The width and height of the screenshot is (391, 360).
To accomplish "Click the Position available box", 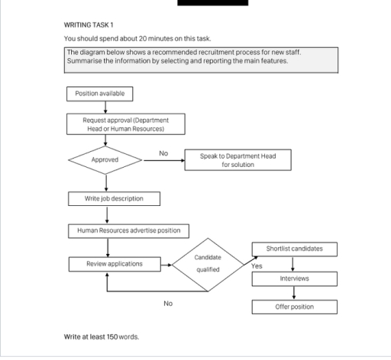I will pos(100,94).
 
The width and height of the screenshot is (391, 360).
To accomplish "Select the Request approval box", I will pos(126,124).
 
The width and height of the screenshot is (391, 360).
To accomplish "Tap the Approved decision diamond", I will pos(105,160).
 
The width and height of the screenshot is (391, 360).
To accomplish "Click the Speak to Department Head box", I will pos(238,160).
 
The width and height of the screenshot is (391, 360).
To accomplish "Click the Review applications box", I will pos(115,264).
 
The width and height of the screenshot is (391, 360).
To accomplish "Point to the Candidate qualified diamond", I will pos(208,264).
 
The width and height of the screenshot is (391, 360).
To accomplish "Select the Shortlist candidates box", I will pos(294,249).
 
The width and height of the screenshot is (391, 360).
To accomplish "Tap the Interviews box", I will pos(294,278).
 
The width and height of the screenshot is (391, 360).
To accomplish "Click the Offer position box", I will pos(294,307).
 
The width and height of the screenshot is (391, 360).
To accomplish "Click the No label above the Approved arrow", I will pos(163,153).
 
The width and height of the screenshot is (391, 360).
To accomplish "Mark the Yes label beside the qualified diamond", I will pos(257,266).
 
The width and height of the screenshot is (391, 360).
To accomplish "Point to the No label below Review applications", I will pos(168,303).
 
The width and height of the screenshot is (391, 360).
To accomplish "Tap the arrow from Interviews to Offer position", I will pos(294,293).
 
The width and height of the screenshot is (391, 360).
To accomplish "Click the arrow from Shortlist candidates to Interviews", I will pos(294,264).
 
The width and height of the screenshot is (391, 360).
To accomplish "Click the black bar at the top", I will pos(213,3).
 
